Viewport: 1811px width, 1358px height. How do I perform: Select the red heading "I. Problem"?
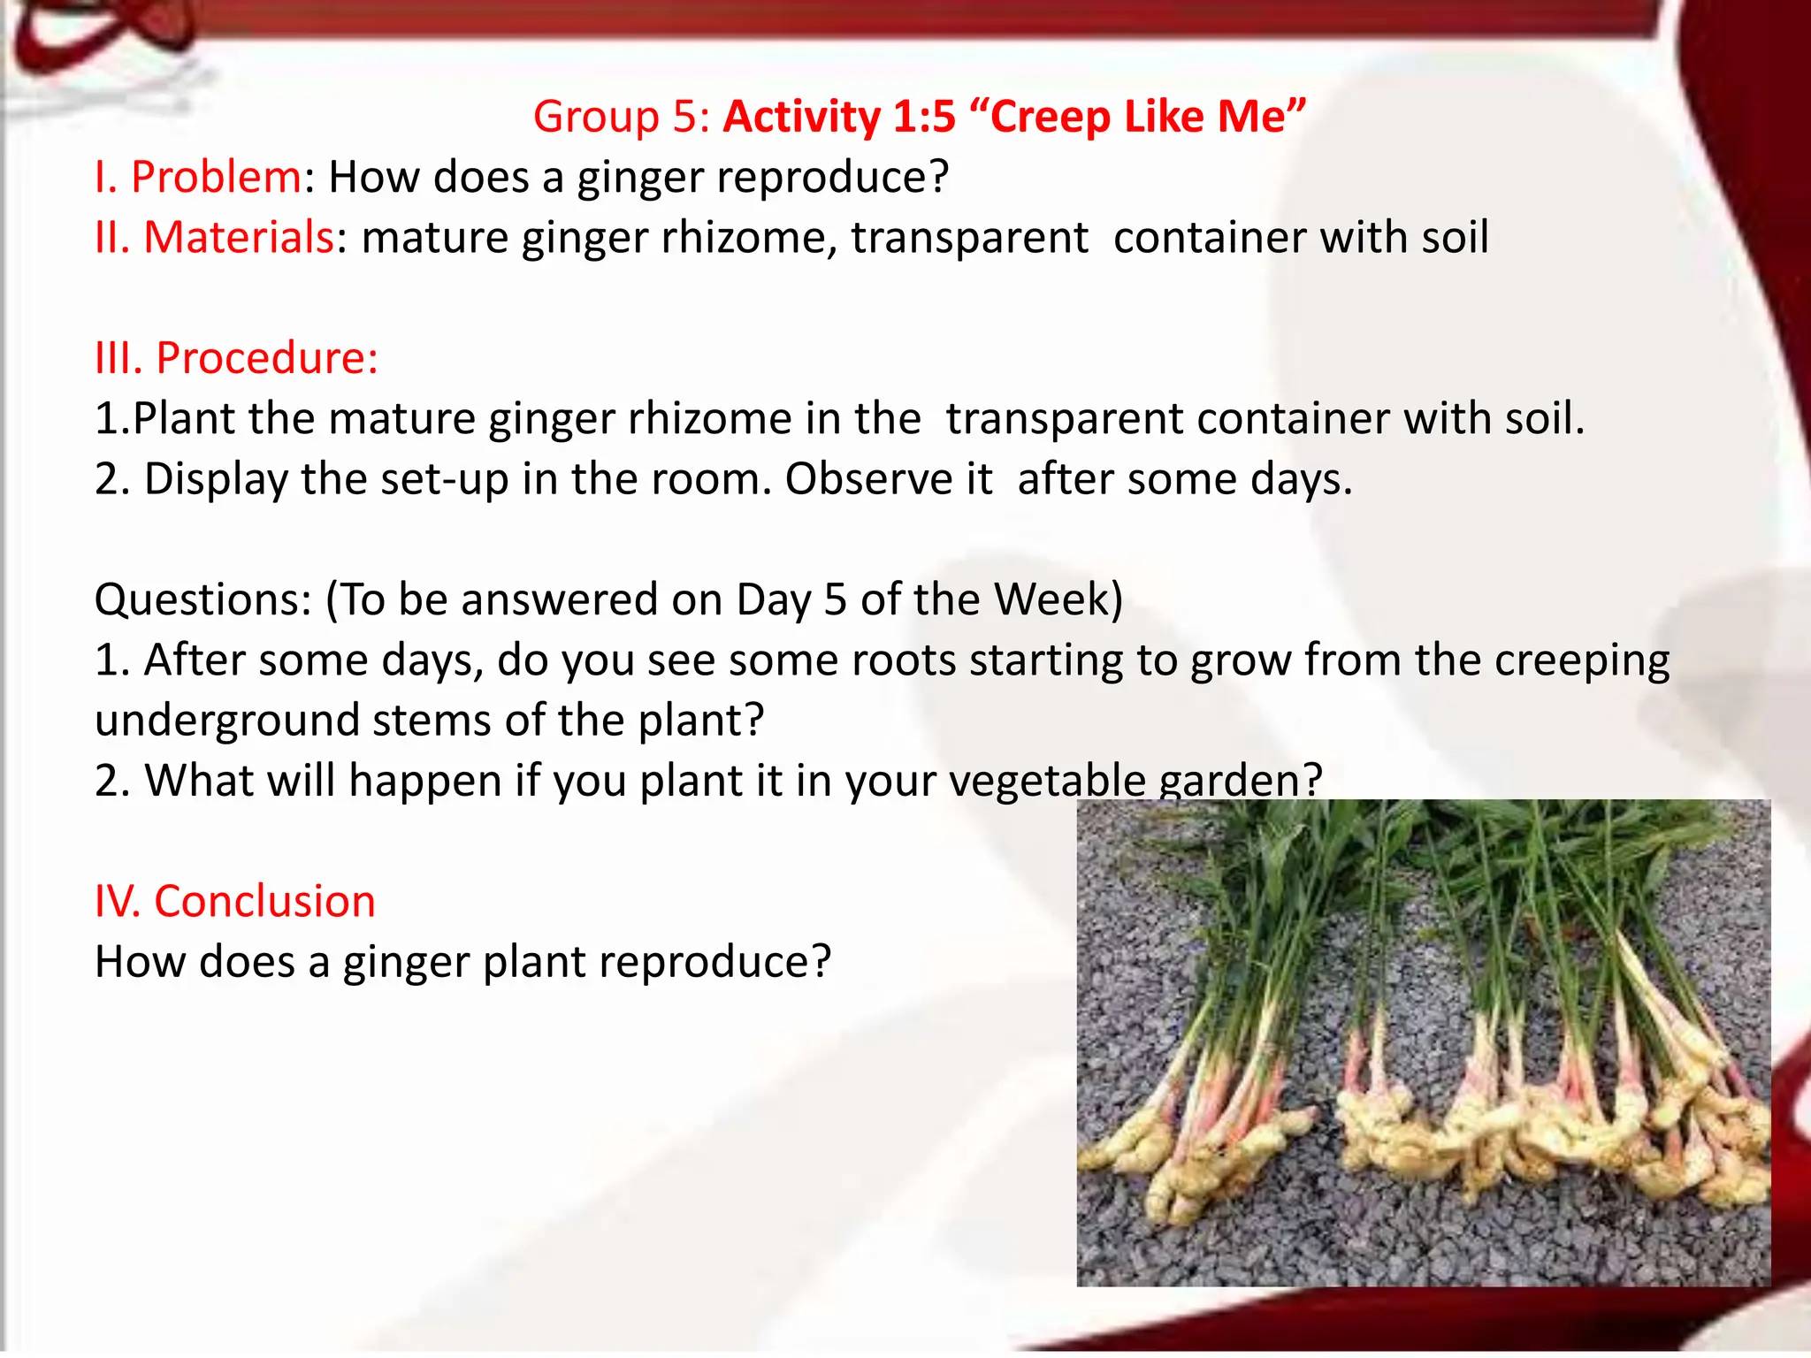(x=198, y=177)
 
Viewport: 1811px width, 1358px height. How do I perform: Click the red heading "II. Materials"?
(x=214, y=237)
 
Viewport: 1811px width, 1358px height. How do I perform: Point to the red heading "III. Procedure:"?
(x=236, y=358)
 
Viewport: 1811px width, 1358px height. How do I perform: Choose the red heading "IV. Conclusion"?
(x=234, y=902)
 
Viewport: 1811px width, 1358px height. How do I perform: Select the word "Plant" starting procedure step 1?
(x=184, y=418)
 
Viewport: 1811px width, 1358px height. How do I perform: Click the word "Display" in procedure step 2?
(x=217, y=479)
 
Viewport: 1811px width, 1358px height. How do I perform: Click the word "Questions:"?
(x=202, y=600)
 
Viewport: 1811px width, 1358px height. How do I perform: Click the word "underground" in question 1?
(x=227, y=721)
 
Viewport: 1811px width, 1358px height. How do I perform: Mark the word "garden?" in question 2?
(x=1240, y=782)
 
